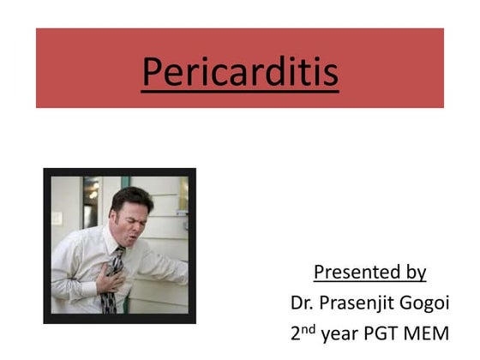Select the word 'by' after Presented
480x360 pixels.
pyautogui.click(x=416, y=273)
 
